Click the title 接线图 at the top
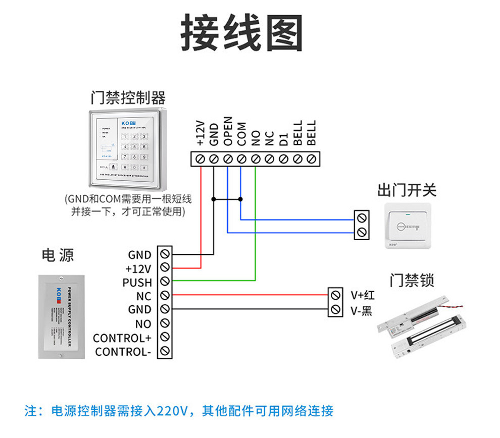coord(242,33)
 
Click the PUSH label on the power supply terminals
coord(137,282)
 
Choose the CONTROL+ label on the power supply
coord(122,338)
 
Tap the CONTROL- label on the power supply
coord(123,352)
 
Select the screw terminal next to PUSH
coord(164,282)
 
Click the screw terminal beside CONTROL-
coord(164,351)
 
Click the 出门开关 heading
coord(407,190)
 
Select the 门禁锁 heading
coord(412,280)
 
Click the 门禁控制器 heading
coord(128,97)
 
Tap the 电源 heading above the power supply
coord(58,255)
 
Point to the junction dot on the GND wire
coord(214,199)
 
